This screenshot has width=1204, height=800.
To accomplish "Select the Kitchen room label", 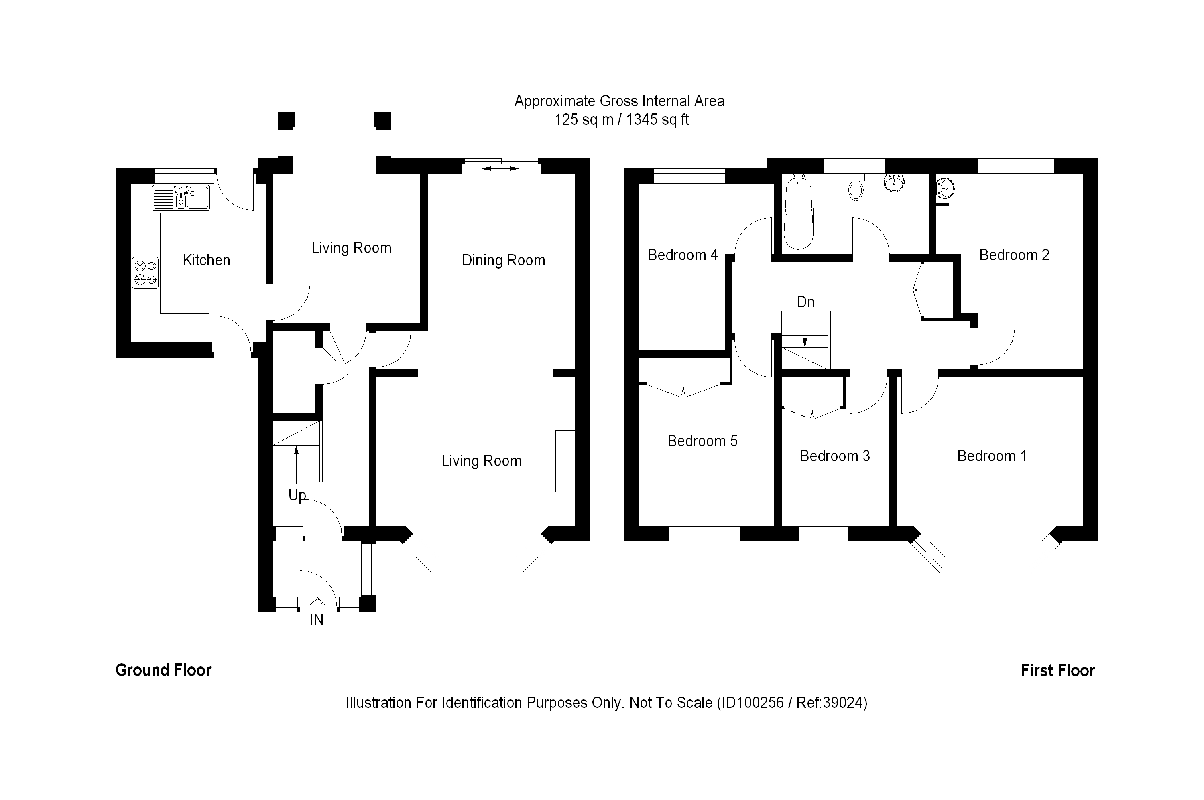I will [x=206, y=260].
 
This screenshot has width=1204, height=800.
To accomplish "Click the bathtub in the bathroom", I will [x=798, y=213].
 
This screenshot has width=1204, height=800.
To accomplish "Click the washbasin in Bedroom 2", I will [x=945, y=188].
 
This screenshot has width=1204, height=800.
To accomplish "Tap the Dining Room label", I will [x=503, y=260].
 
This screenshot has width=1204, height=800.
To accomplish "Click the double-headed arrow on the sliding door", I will [x=500, y=168].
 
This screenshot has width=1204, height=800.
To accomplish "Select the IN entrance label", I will [x=317, y=620].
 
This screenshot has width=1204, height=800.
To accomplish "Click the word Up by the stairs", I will [x=297, y=495].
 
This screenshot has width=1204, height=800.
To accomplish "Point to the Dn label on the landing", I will [x=805, y=302].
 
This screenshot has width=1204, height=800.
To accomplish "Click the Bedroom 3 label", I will [x=834, y=456].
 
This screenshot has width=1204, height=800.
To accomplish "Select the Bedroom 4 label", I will [x=683, y=255].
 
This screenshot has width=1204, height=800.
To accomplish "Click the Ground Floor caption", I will [x=163, y=670].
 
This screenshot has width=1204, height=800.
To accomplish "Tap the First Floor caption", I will [x=1058, y=670].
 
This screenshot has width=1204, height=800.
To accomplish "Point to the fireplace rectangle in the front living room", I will [x=565, y=461].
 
